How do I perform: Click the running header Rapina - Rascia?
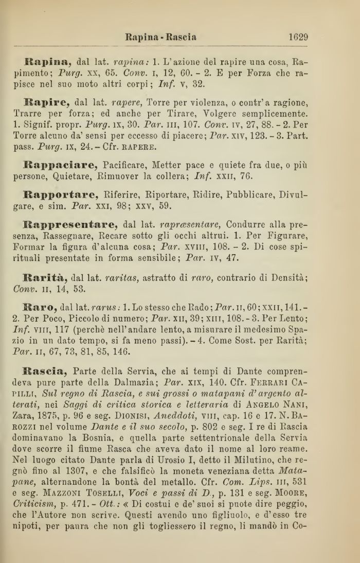pos(161,38)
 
